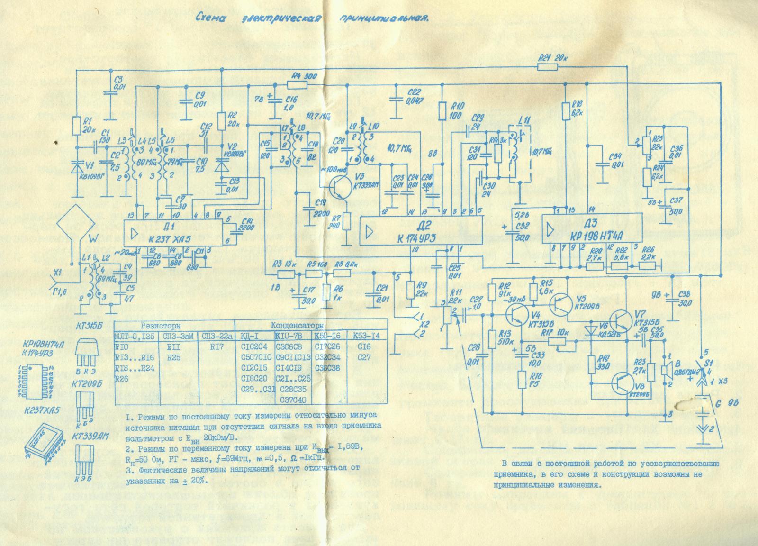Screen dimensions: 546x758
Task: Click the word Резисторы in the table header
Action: coord(161,326)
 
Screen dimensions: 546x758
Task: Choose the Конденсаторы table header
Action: coord(297,326)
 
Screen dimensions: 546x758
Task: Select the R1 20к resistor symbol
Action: coord(76,126)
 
